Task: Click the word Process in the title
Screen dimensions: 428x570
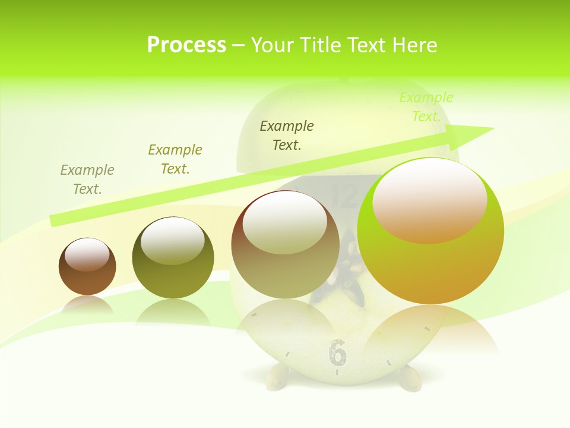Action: tap(186, 45)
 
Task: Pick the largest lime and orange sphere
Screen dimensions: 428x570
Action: tap(430, 262)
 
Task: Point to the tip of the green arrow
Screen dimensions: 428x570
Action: tap(493, 129)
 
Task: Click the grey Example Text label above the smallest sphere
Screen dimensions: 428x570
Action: tap(87, 180)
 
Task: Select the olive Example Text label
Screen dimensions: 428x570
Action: tap(175, 159)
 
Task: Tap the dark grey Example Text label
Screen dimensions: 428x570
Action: tap(287, 135)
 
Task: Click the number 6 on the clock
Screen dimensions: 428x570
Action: tap(337, 352)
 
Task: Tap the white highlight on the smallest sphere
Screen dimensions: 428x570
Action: tap(87, 253)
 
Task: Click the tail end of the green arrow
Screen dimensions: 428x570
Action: tap(53, 221)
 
